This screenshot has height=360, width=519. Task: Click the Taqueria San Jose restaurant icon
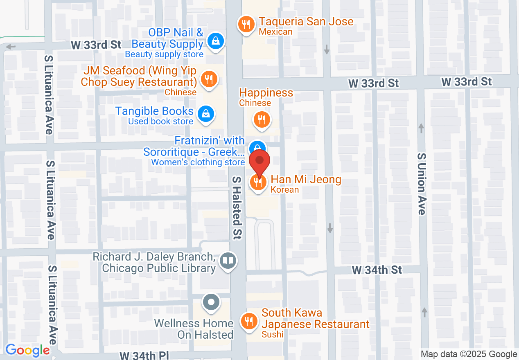point(246,25)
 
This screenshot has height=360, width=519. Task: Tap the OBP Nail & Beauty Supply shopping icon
point(214,40)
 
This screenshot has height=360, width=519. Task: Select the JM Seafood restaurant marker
point(209,79)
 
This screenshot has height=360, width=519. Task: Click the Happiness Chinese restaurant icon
point(261,119)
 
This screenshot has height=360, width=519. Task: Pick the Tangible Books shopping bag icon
point(205,114)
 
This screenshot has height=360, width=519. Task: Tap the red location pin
point(259,162)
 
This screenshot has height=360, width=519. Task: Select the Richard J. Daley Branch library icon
point(228,260)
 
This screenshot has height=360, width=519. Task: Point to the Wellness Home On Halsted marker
point(211,303)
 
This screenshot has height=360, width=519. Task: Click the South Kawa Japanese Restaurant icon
point(248,320)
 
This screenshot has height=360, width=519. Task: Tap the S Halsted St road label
point(238,207)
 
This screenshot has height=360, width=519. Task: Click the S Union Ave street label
point(422,184)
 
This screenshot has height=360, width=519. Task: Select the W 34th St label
point(377,270)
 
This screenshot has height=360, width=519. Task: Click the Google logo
point(27,350)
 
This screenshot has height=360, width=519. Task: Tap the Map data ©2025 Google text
point(469,354)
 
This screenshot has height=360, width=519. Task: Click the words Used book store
point(160,122)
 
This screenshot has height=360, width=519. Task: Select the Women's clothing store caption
point(198,162)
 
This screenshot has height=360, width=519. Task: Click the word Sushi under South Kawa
point(272,335)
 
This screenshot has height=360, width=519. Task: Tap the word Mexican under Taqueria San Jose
point(276,32)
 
